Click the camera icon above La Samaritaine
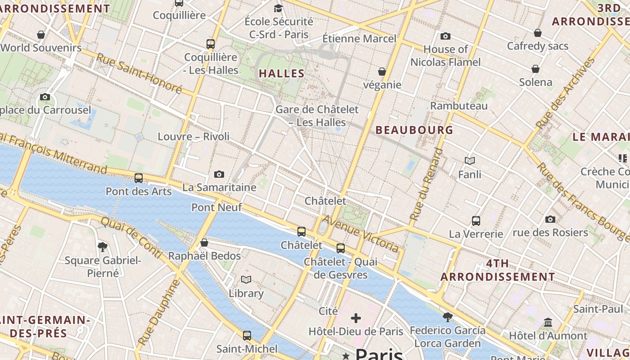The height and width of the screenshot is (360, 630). pyautogui.click(x=219, y=174)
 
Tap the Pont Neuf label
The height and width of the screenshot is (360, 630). pyautogui.click(x=216, y=207)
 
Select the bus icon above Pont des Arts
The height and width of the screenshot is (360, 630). pyautogui.click(x=139, y=178)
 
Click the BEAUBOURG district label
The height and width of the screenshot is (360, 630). pyautogui.click(x=414, y=130)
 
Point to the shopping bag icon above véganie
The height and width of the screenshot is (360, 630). pyautogui.click(x=382, y=72)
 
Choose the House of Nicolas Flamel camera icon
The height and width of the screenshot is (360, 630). pyautogui.click(x=445, y=36)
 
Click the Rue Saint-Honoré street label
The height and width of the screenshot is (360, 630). pyautogui.click(x=139, y=74)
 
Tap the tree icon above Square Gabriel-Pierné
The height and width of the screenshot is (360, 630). pyautogui.click(x=103, y=247)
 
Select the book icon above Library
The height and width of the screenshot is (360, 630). pyautogui.click(x=246, y=280)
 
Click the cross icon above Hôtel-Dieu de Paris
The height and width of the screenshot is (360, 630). pyautogui.click(x=356, y=318)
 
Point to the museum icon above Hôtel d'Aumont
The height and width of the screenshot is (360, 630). pyautogui.click(x=548, y=322)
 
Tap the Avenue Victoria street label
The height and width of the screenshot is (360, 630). pyautogui.click(x=360, y=234)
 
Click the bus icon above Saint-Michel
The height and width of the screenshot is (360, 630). pyautogui.click(x=247, y=335)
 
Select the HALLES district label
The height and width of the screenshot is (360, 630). pyautogui.click(x=282, y=73)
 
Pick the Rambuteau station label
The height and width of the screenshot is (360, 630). pyautogui.click(x=459, y=106)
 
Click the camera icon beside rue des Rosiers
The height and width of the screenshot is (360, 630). pyautogui.click(x=550, y=220)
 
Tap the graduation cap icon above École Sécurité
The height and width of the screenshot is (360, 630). pyautogui.click(x=279, y=8)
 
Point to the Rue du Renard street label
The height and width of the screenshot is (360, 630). pyautogui.click(x=426, y=184)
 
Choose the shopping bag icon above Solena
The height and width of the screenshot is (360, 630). pyautogui.click(x=535, y=69)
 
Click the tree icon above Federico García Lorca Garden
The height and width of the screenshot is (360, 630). pyautogui.click(x=447, y=317)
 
